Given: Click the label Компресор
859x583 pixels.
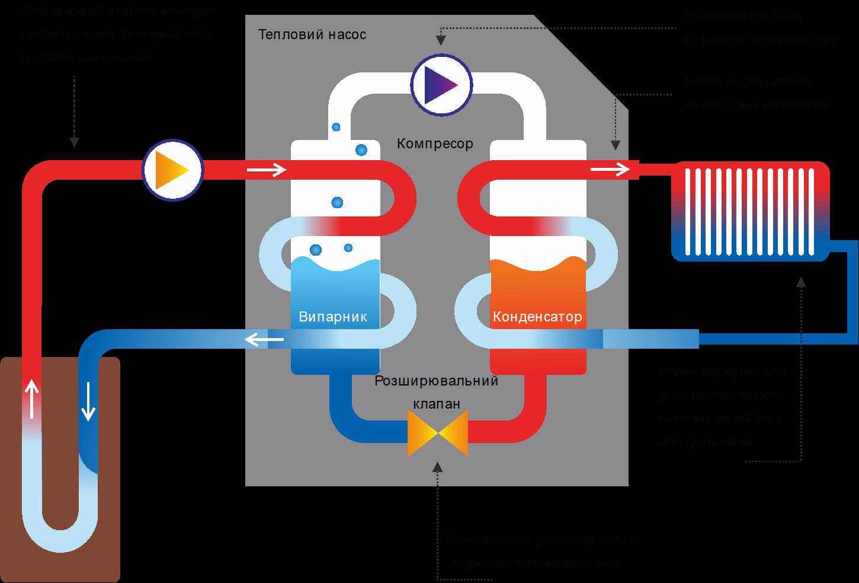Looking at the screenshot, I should pyautogui.click(x=435, y=144).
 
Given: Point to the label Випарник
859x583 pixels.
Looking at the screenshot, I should pyautogui.click(x=333, y=317).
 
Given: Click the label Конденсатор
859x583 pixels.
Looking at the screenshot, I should pyautogui.click(x=537, y=317).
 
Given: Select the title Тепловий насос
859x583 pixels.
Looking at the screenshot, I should pyautogui.click(x=312, y=34).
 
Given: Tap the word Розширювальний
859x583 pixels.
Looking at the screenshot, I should pyautogui.click(x=437, y=381).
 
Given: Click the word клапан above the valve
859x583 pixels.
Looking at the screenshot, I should pyautogui.click(x=436, y=404).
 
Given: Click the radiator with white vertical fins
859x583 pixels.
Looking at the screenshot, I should pyautogui.click(x=751, y=211).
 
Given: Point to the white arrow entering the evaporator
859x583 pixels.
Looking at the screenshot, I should pyautogui.click(x=267, y=171).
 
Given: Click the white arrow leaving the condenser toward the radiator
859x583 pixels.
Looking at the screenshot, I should pyautogui.click(x=610, y=171).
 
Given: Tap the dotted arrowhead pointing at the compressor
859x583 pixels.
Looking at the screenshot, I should pyautogui.click(x=441, y=40).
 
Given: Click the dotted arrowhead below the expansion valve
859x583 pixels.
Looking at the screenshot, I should pyautogui.click(x=438, y=466).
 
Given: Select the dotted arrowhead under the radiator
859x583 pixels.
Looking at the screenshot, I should pyautogui.click(x=801, y=282).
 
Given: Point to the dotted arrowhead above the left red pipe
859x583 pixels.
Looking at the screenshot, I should pyautogui.click(x=74, y=142).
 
